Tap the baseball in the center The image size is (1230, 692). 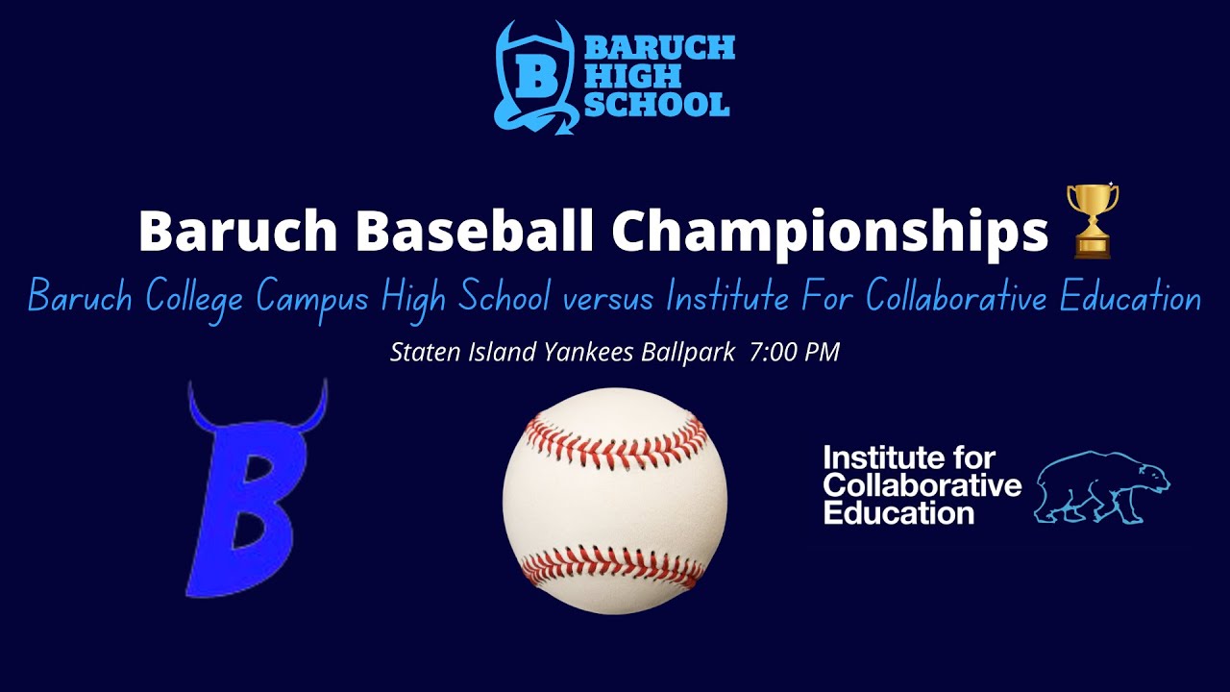615,500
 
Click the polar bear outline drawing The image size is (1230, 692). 1101,485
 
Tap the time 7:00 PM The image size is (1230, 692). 794,353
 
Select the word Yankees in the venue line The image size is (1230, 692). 585,353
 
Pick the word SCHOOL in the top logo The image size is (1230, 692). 657,104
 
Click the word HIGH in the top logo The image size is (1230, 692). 620,76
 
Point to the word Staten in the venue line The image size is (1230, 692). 421,353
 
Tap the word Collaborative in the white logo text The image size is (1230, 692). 922,484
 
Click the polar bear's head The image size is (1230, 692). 1151,477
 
